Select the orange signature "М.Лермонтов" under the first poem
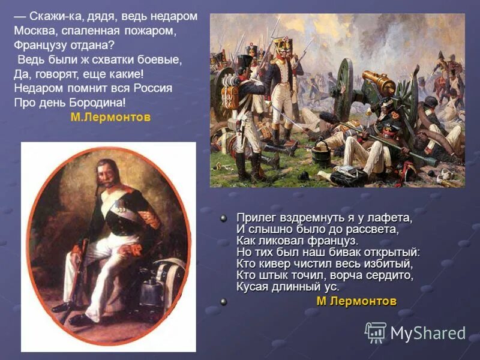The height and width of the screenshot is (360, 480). click(110, 118)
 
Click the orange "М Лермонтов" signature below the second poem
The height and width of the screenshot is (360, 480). click(356, 301)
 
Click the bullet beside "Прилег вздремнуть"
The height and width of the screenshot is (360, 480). click(223, 218)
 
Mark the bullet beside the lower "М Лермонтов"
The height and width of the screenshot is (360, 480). click(223, 302)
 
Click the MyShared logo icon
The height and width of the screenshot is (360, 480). click(376, 332)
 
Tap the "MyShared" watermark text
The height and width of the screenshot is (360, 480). click(428, 333)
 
